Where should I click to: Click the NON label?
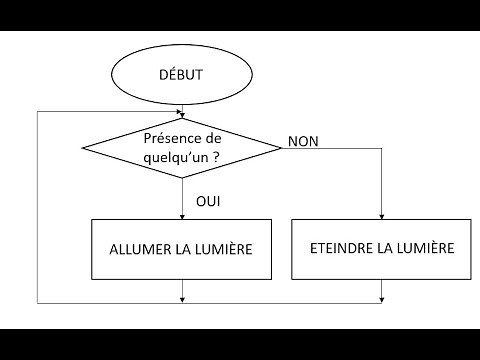click(302, 142)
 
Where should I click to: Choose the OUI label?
click(208, 201)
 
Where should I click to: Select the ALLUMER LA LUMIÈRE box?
click(182, 247)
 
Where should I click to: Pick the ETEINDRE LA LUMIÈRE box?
click(381, 247)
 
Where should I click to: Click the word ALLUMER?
click(131, 247)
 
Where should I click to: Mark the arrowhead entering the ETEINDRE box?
click(381, 212)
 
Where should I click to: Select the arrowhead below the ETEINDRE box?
click(381, 297)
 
